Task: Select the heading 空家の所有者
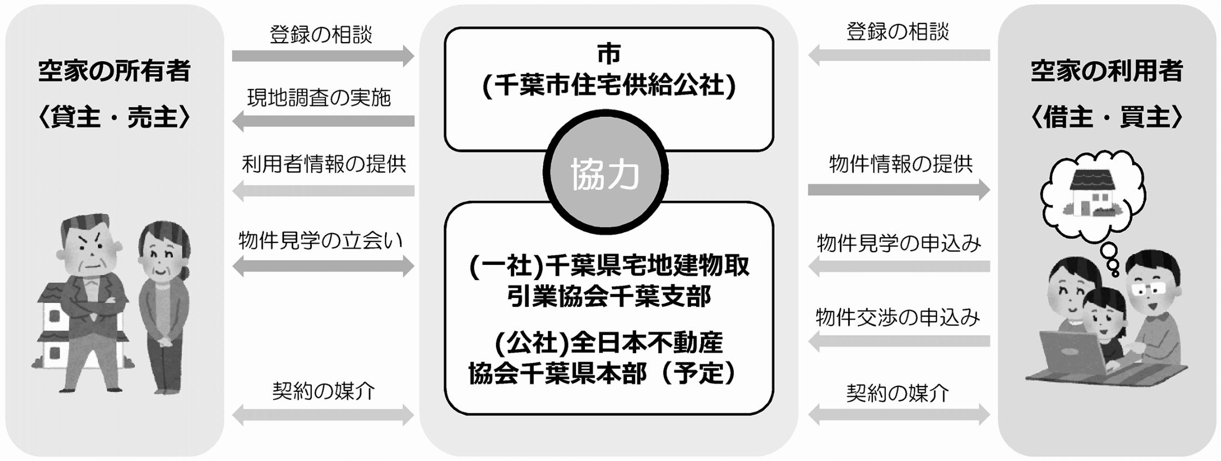[114, 71]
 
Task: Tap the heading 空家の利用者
[1107, 71]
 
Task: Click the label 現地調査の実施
[319, 98]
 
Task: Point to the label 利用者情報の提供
[324, 163]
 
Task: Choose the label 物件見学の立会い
[321, 240]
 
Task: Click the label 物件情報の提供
[900, 163]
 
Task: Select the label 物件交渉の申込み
[898, 317]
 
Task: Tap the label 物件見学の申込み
[899, 243]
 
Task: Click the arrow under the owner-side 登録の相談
[323, 56]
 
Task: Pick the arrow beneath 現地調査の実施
[323, 121]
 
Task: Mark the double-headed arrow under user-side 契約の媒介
[899, 415]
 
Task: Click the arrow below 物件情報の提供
[899, 190]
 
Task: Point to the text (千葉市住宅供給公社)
[609, 86]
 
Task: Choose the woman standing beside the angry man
[164, 308]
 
